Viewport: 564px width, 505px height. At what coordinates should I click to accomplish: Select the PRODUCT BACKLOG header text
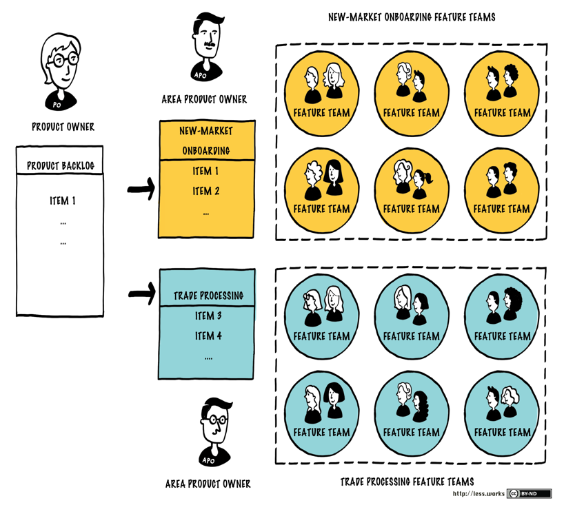click(61, 166)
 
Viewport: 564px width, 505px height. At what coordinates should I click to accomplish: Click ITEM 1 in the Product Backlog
click(62, 201)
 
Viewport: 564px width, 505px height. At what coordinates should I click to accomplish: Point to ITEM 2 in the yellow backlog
click(206, 191)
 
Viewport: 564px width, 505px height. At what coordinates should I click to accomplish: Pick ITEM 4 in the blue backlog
click(208, 336)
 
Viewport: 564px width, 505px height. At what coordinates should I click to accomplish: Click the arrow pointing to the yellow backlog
click(141, 189)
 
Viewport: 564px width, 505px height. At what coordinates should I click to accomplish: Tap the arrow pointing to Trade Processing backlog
click(141, 294)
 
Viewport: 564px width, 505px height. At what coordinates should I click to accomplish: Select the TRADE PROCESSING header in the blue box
click(208, 296)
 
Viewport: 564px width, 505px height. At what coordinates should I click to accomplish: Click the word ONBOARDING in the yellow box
click(206, 150)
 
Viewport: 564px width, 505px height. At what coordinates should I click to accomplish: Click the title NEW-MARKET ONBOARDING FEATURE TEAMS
click(412, 17)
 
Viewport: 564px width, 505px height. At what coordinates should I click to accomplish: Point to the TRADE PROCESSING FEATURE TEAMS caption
click(407, 482)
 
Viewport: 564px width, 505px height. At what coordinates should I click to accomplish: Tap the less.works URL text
click(477, 493)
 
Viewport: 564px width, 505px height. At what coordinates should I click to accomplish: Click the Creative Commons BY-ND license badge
click(529, 493)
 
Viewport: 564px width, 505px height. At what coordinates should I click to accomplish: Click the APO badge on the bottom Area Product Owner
click(208, 460)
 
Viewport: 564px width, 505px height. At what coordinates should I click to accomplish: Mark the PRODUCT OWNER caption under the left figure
click(63, 127)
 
